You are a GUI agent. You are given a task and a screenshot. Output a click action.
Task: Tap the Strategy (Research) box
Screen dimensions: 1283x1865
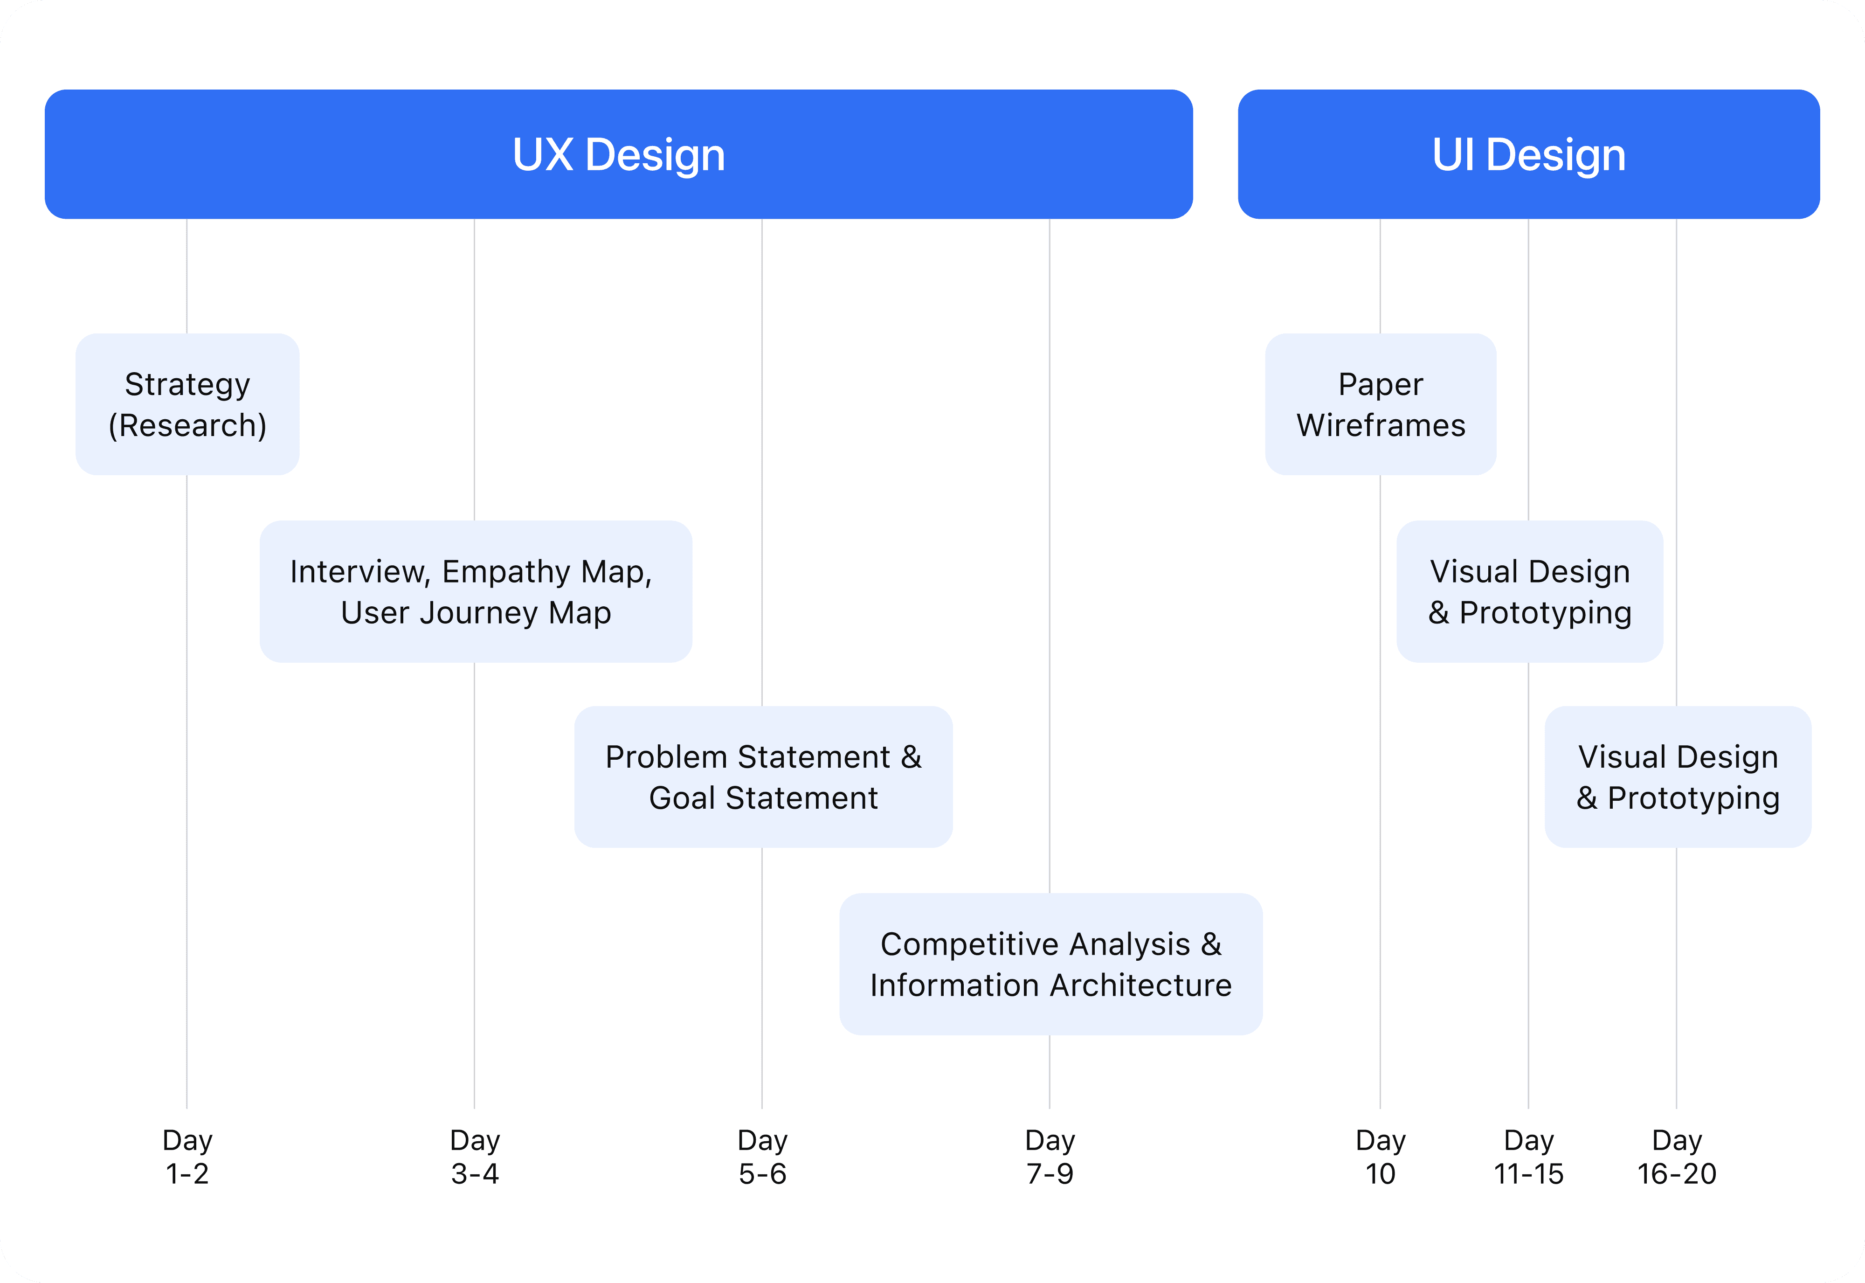(x=187, y=404)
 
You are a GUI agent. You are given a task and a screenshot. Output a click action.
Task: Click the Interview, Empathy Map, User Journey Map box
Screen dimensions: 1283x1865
(x=475, y=592)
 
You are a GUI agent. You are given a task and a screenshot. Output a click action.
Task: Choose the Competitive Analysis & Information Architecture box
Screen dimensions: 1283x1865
(x=1050, y=964)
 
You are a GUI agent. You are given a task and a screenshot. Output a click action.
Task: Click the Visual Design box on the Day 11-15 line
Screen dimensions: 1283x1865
(x=1529, y=592)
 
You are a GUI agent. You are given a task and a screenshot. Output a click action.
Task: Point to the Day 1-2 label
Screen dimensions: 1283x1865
(x=187, y=1157)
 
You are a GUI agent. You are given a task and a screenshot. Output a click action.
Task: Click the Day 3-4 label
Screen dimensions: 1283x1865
(x=475, y=1157)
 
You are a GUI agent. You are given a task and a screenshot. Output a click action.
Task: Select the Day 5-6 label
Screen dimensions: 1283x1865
(x=763, y=1157)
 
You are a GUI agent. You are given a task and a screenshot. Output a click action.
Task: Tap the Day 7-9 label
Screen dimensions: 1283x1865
(x=1050, y=1157)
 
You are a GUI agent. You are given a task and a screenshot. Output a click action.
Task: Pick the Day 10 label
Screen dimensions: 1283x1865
(x=1381, y=1157)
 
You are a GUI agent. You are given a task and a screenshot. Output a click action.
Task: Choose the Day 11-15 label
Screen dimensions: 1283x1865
(x=1528, y=1157)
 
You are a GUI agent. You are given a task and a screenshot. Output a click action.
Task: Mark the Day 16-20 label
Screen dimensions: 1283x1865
(x=1677, y=1157)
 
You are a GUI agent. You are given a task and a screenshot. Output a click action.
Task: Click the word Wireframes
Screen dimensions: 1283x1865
(x=1381, y=425)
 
